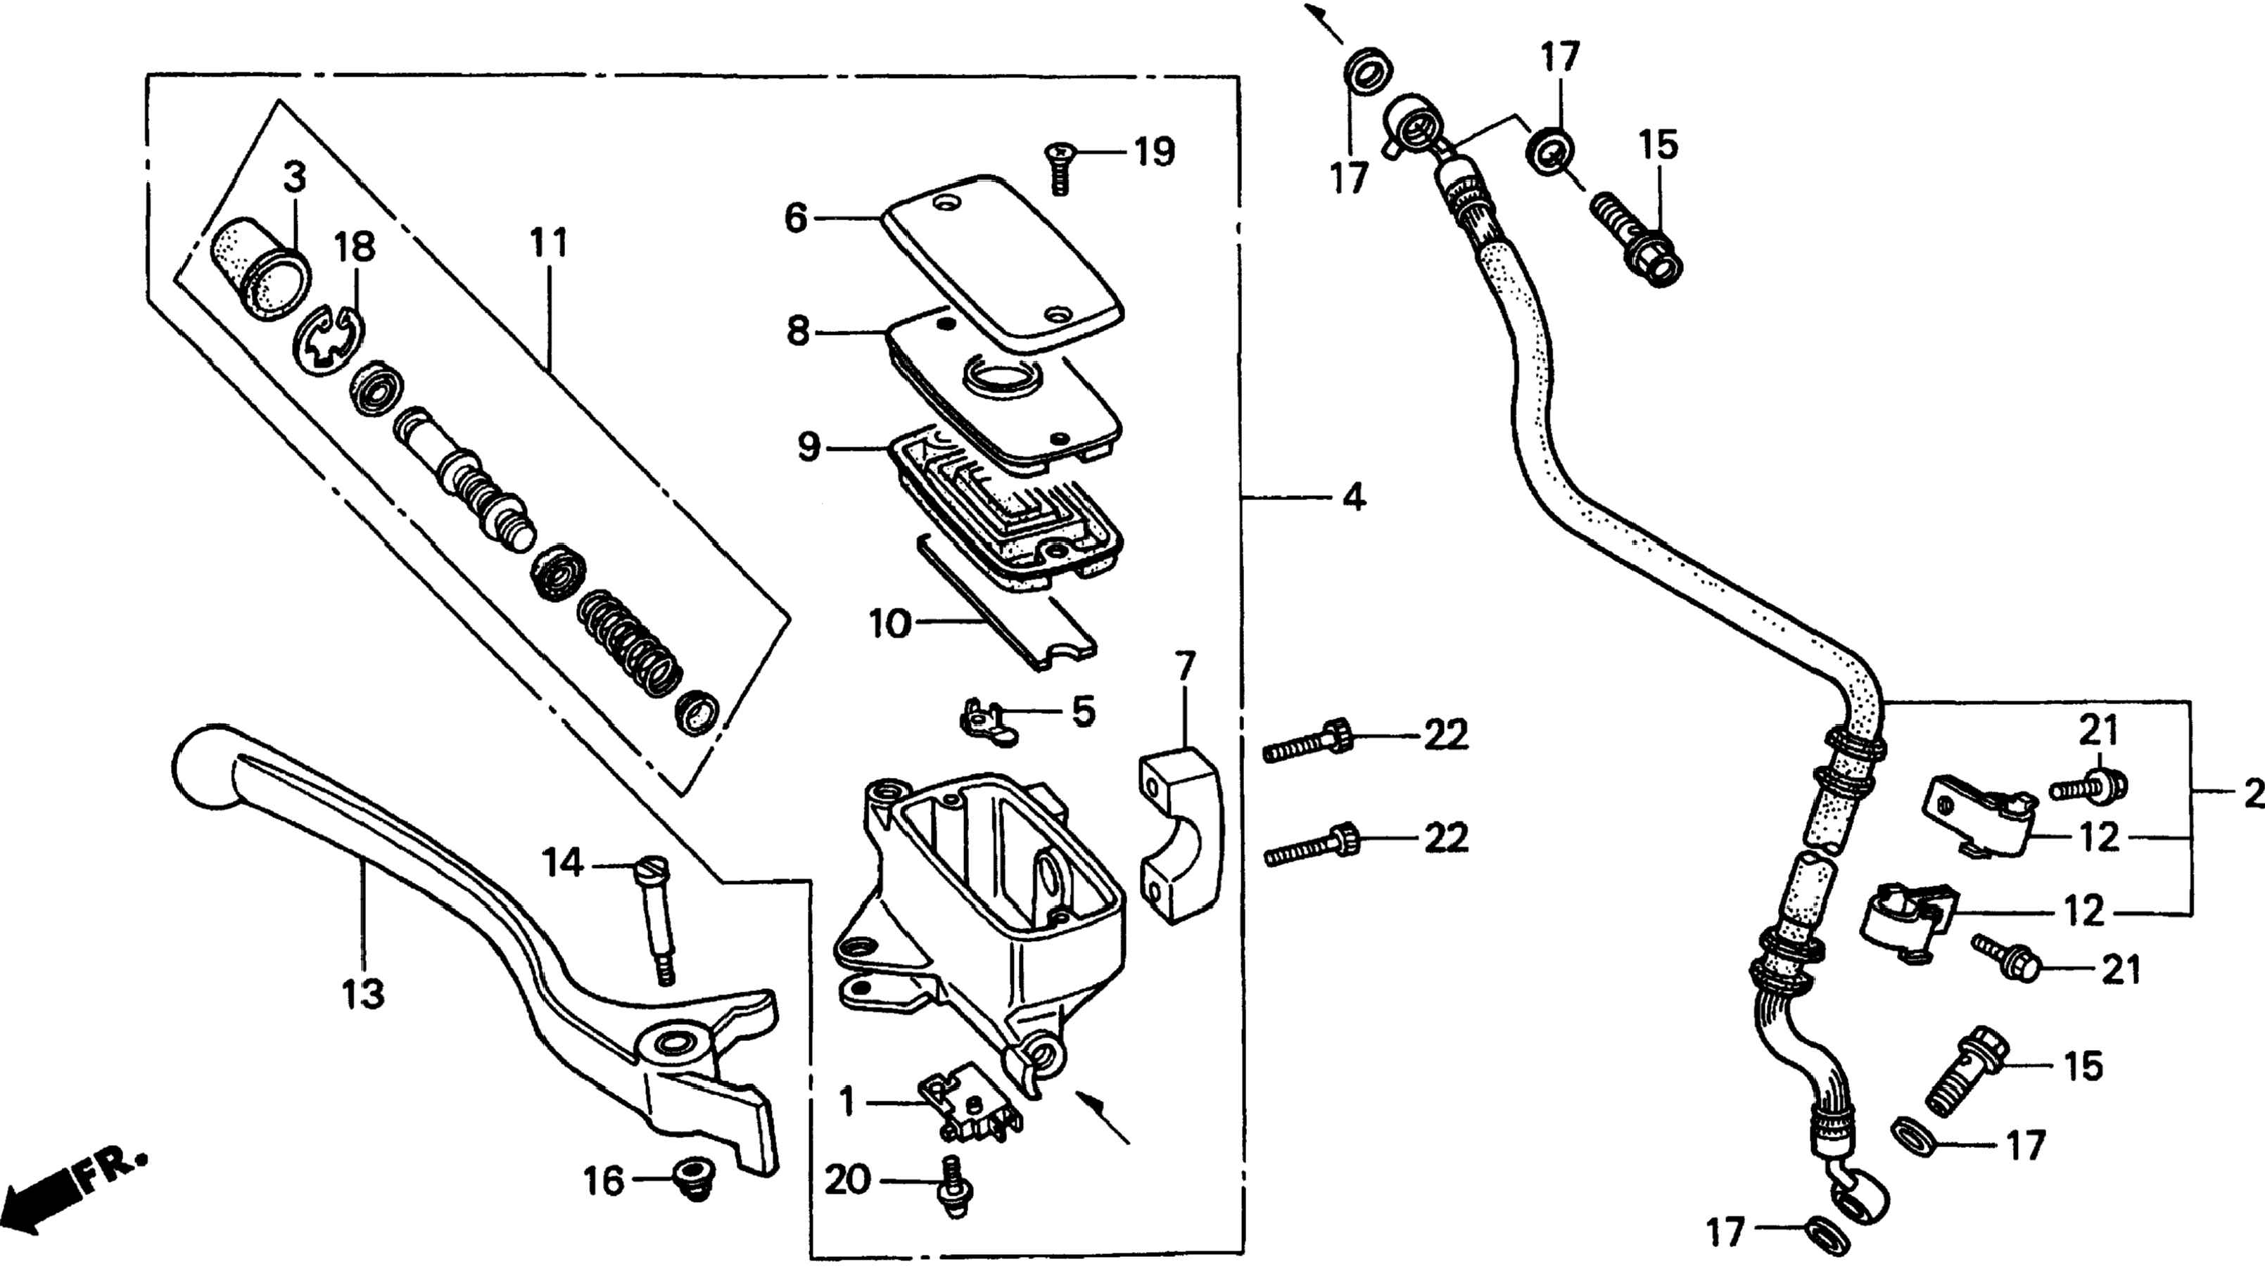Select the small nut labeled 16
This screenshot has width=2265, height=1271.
694,1180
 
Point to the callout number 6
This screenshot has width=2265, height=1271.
796,217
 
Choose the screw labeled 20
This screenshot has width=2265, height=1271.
955,1187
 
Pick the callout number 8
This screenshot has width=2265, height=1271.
797,331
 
